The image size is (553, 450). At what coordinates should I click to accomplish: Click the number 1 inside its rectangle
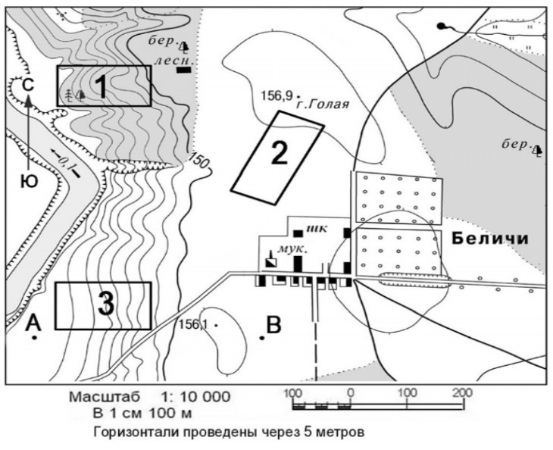[x=102, y=86]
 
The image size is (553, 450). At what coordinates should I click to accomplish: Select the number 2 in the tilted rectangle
[x=280, y=153]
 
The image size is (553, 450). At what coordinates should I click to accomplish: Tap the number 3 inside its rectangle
[x=106, y=304]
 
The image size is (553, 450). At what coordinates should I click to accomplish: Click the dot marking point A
[x=35, y=338]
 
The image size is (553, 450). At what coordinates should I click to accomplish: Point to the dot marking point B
[x=262, y=338]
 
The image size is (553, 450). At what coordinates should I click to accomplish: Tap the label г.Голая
[x=323, y=105]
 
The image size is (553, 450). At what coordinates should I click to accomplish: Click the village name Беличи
[x=491, y=239]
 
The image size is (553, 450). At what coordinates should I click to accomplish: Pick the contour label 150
[x=199, y=161]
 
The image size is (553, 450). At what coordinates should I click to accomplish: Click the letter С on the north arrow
[x=28, y=85]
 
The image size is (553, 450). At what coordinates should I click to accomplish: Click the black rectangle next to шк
[x=298, y=233]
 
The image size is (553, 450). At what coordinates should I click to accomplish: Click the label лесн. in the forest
[x=173, y=61]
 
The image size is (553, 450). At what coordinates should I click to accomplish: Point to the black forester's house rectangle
[x=184, y=70]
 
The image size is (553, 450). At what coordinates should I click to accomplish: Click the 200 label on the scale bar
[x=463, y=392]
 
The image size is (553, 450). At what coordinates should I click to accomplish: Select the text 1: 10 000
[x=195, y=397]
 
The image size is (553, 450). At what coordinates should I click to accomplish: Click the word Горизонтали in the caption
[x=133, y=432]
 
